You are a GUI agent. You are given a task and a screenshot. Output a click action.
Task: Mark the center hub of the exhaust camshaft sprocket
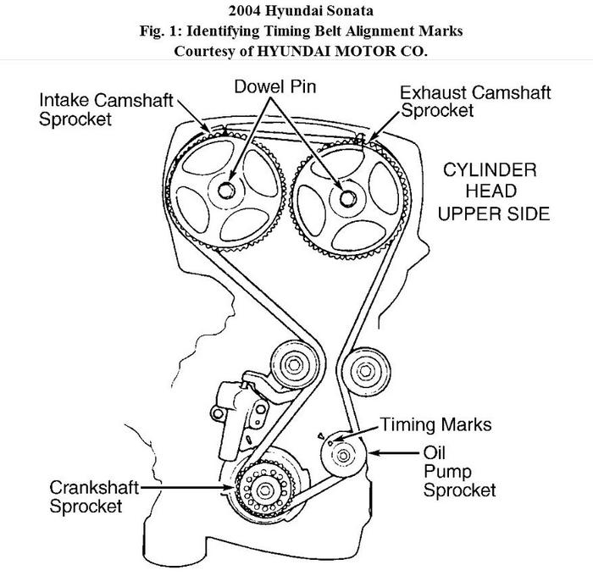tap(346, 198)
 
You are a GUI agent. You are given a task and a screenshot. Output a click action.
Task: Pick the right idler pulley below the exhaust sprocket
tap(366, 371)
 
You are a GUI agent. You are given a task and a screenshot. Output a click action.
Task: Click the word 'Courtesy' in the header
tap(204, 50)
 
